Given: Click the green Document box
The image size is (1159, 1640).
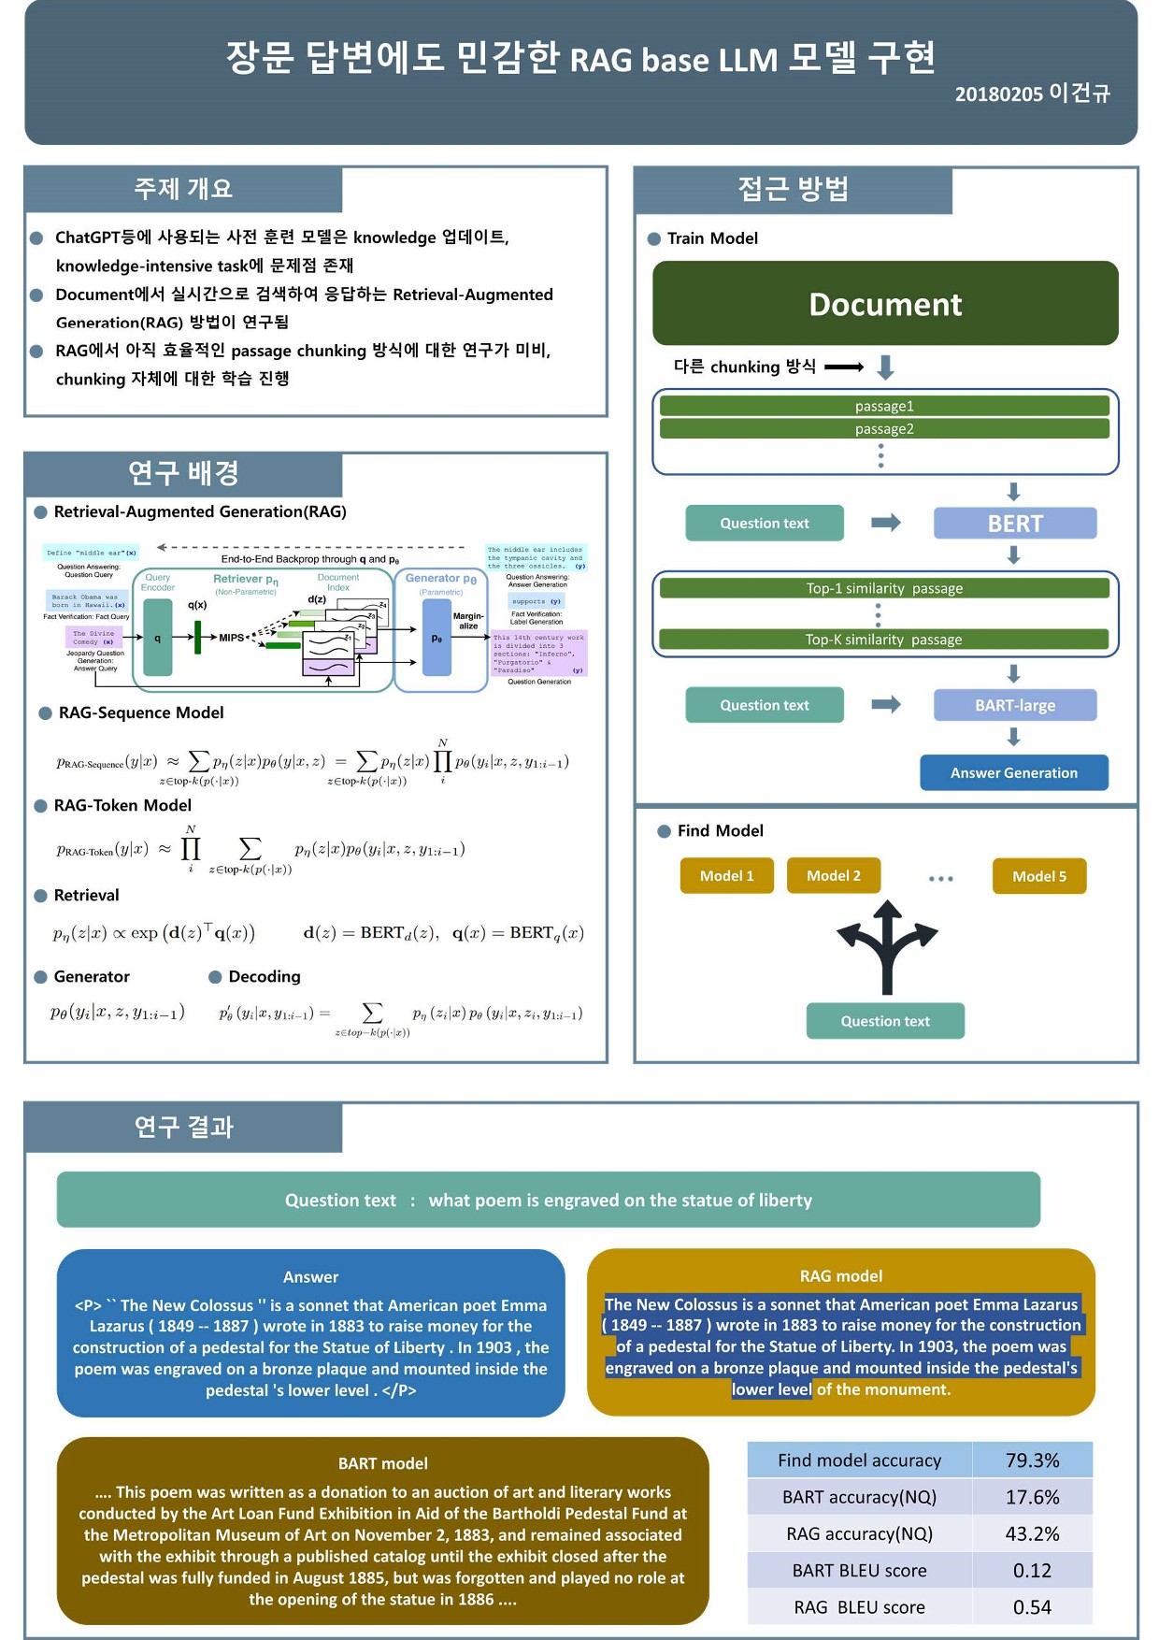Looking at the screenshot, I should click(x=885, y=304).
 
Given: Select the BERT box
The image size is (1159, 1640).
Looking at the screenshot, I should click(x=1014, y=524).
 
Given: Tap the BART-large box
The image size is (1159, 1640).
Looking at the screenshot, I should click(x=1014, y=705).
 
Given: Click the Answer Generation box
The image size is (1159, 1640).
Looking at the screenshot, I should click(x=1014, y=773).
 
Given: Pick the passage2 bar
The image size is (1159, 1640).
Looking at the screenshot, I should click(x=884, y=429).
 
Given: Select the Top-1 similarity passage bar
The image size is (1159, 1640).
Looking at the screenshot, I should click(x=884, y=588).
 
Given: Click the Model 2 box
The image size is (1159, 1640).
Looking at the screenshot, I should click(x=833, y=876).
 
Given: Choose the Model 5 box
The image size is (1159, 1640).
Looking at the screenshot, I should click(x=1038, y=876).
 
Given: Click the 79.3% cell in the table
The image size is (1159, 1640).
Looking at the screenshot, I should click(x=1032, y=1460).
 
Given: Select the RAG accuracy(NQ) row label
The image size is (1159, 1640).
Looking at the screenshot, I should click(x=859, y=1533).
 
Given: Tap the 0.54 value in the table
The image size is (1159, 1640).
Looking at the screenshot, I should click(x=1032, y=1607).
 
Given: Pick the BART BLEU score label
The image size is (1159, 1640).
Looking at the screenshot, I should click(x=859, y=1571).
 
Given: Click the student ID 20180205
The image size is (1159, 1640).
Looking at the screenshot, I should click(x=998, y=94).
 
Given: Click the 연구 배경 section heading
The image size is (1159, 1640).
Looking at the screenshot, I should click(x=184, y=473).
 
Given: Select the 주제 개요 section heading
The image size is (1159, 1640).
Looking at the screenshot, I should click(x=183, y=189).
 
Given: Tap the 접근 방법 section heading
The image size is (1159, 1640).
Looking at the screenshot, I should click(x=793, y=189).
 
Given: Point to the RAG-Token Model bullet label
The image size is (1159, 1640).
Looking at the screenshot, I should click(x=122, y=805).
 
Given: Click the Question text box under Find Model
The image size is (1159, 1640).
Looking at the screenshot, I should click(x=885, y=1021).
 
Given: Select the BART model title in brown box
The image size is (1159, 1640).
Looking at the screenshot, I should click(x=382, y=1463).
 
